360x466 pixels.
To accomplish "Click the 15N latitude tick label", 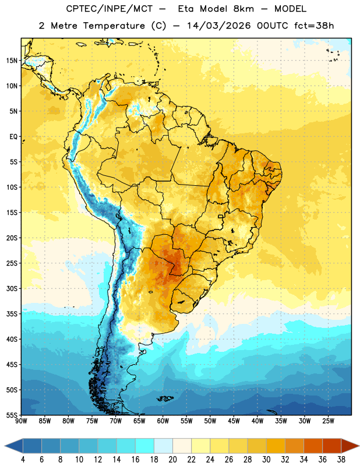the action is [12, 61].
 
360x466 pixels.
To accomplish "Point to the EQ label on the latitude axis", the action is [13, 137].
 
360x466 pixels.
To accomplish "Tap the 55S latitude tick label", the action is [12, 415].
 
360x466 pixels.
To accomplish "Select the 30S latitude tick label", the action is [12, 288].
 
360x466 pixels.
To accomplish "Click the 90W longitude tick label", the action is [21, 421].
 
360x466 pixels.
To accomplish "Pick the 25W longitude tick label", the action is [328, 421].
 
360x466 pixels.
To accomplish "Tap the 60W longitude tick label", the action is [163, 421].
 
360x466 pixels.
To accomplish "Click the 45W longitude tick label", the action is [234, 421].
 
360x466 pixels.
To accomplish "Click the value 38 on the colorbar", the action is [341, 460].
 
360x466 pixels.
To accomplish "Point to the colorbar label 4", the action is [23, 460].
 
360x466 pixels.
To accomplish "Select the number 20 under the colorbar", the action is [172, 460].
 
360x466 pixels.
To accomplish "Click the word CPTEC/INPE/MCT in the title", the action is [109, 9].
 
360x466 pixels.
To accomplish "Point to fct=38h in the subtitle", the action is [314, 26].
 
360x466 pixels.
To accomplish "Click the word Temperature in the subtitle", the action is [114, 26].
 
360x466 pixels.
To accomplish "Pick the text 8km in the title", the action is [243, 9].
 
